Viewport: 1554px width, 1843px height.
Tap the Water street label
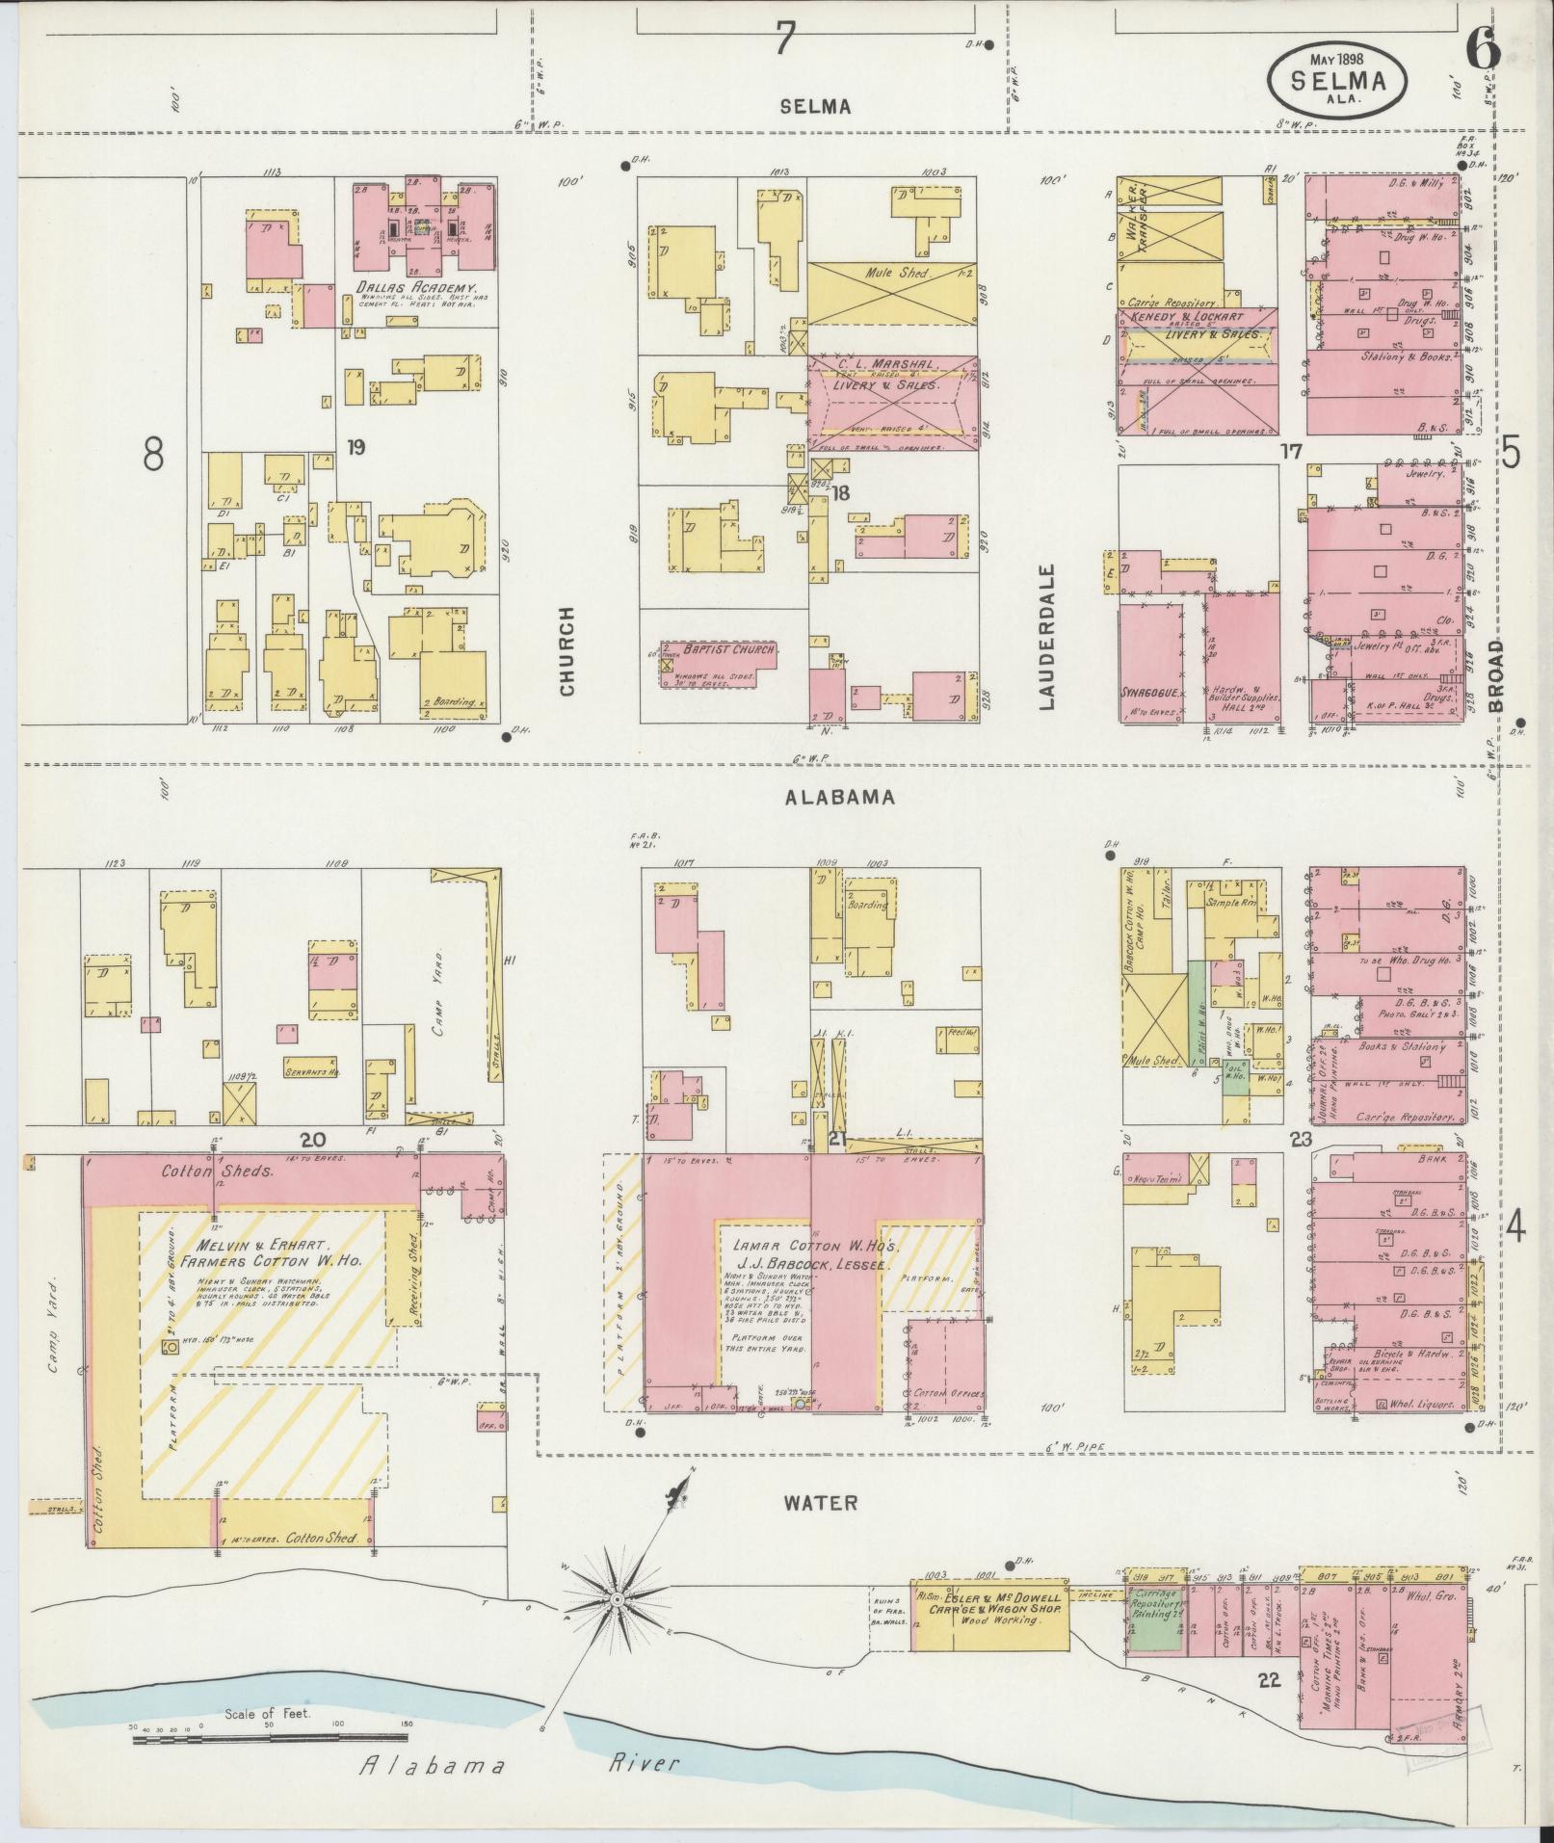coord(819,1502)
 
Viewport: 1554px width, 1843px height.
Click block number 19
coord(356,447)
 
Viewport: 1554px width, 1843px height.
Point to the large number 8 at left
coord(152,453)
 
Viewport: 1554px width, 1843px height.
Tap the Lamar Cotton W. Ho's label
coord(804,1247)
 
